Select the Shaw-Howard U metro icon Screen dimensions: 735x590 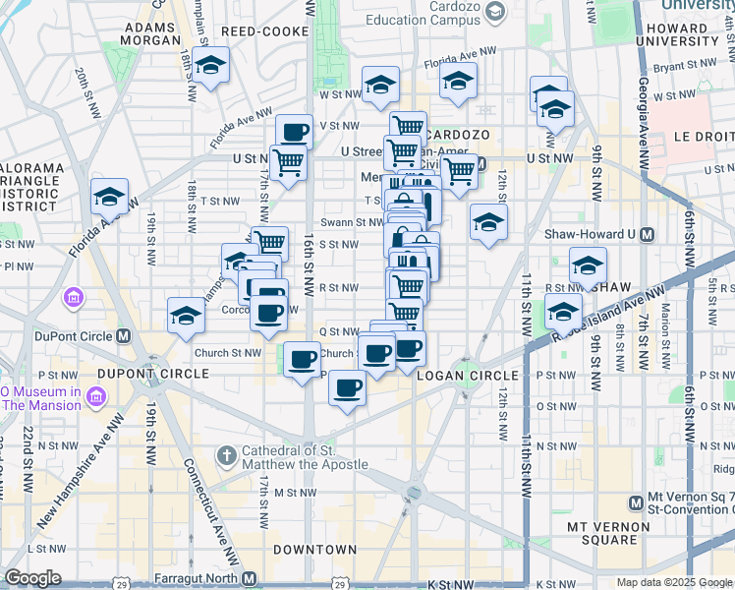(x=647, y=234)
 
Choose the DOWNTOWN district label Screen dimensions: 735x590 (x=314, y=549)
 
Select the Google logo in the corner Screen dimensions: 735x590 (x=33, y=578)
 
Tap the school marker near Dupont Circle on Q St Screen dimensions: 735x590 (x=185, y=317)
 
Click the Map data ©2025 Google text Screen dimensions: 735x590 (x=674, y=582)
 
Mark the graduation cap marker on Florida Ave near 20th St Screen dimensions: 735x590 (x=110, y=197)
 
